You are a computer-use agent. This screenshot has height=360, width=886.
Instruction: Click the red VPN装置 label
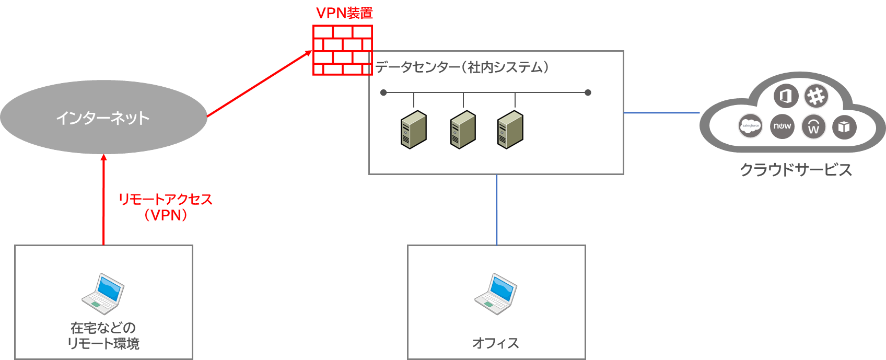(x=344, y=13)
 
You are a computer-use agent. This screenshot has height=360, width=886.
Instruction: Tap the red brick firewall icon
(x=342, y=50)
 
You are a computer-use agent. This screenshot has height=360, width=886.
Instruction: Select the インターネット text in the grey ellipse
(x=103, y=118)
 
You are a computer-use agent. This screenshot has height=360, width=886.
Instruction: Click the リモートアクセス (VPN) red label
(x=166, y=207)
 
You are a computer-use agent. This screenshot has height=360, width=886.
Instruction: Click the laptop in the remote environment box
(x=103, y=294)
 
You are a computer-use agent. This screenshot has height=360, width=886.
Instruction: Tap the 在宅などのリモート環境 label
(x=103, y=335)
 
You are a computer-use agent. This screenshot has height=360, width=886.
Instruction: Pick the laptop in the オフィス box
(x=496, y=294)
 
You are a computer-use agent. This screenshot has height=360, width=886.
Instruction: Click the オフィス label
(x=496, y=343)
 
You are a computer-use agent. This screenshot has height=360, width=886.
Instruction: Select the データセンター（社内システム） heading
(x=462, y=67)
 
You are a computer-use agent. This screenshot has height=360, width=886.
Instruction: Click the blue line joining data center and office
(x=496, y=210)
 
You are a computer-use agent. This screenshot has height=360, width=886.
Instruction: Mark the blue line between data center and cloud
(x=662, y=112)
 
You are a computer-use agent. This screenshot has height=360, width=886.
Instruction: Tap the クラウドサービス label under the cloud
(x=796, y=170)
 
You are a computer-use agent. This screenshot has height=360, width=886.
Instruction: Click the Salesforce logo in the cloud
(x=750, y=126)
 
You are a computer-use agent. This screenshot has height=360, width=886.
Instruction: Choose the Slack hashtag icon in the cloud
(x=816, y=96)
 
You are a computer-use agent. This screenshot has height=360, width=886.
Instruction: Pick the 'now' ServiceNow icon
(x=782, y=126)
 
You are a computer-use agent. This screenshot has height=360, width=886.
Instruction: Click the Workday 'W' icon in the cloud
(x=813, y=127)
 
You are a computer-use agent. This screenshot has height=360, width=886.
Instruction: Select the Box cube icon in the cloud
(x=844, y=126)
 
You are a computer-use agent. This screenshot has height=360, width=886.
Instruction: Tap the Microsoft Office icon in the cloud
(x=786, y=96)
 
